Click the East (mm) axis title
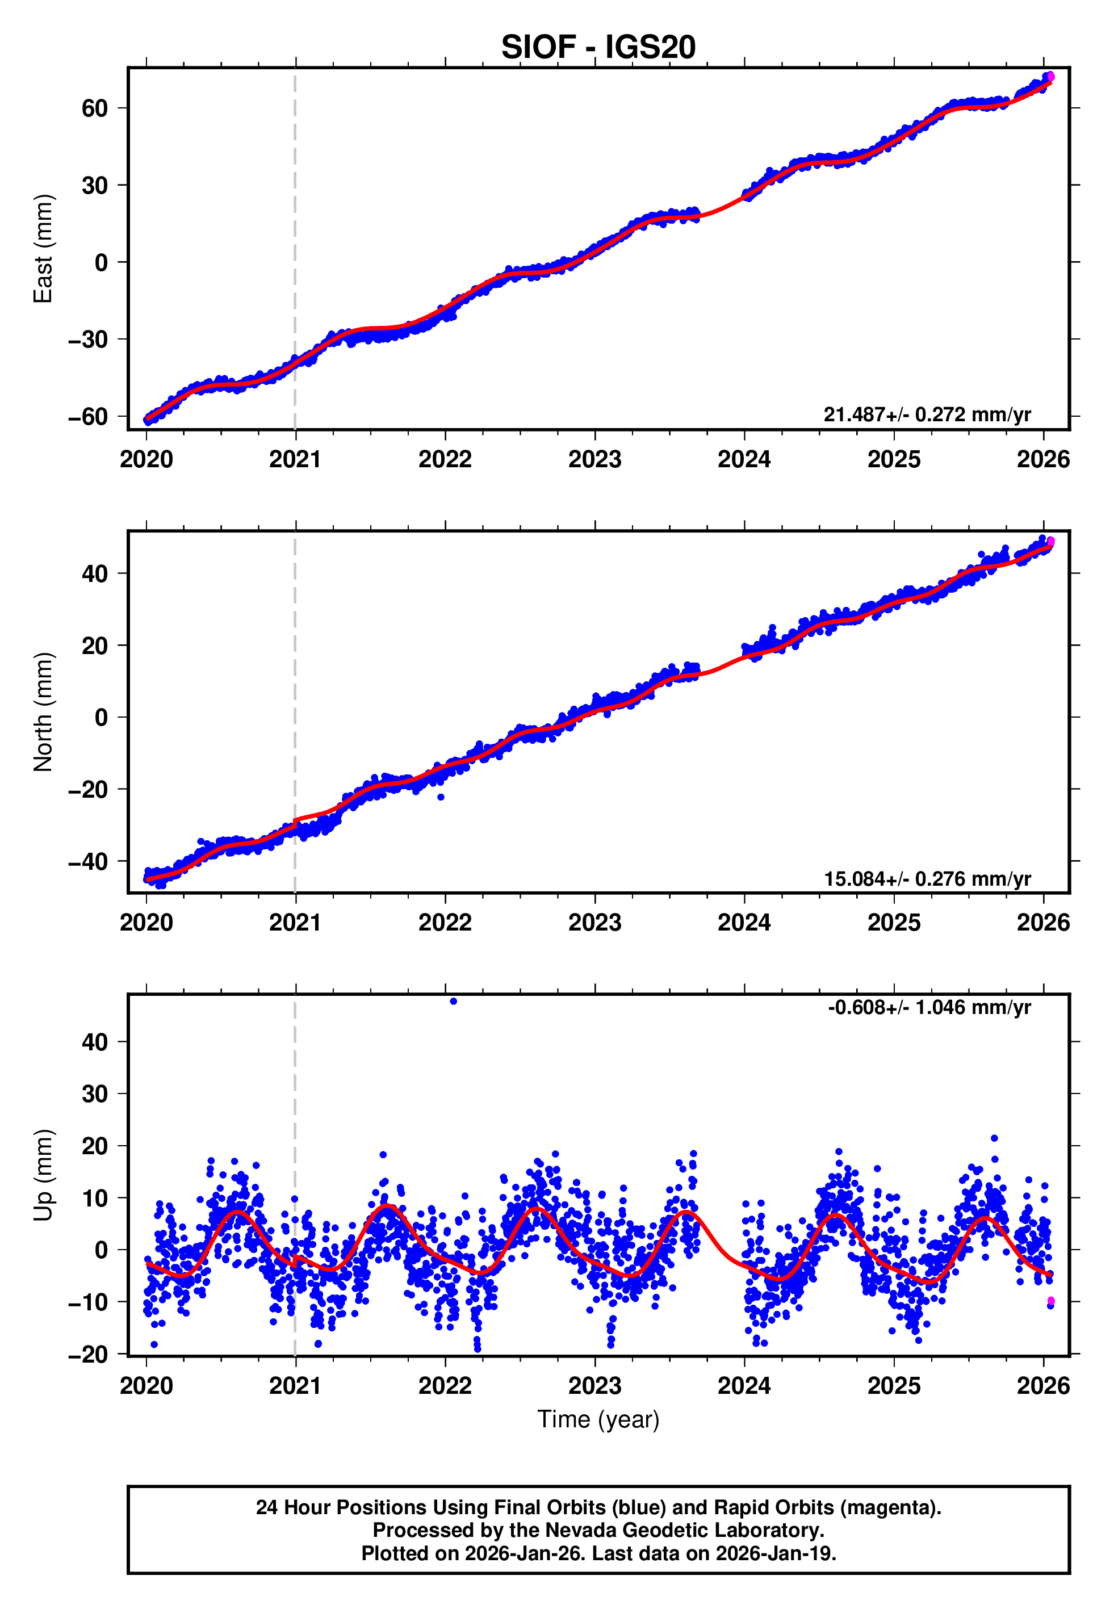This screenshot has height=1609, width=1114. pos(43,249)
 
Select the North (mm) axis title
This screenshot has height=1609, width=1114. pos(43,712)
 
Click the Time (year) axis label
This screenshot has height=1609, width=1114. pos(598,1419)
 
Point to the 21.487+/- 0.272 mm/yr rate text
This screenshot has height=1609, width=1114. pos(927,414)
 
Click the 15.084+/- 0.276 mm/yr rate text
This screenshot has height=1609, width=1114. pos(927,878)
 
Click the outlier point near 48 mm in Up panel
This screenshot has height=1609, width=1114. pos(454,1002)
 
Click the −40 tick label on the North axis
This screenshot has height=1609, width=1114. pos(88,862)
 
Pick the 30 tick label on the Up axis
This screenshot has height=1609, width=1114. pos(95,1094)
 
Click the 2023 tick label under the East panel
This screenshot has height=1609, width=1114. pos(594,460)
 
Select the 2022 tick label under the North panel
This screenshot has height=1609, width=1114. pos(445,923)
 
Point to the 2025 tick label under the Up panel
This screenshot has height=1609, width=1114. pos(894,1386)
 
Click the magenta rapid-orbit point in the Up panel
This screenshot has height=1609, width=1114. pos(1050,1301)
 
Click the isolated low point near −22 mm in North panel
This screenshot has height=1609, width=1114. pos(441,797)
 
